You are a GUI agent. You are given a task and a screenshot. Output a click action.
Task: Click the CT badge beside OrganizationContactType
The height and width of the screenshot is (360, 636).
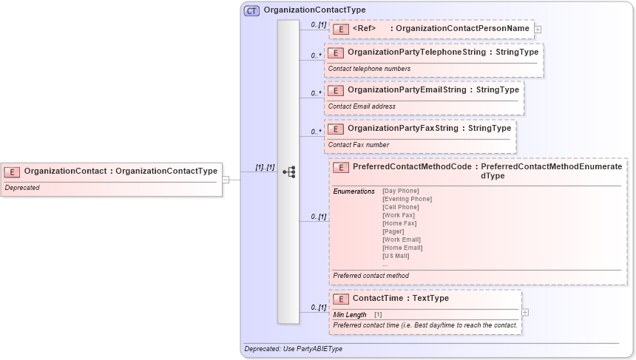coord(251,10)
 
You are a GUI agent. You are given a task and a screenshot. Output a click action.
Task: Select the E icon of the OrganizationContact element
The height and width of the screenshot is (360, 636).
coord(13,171)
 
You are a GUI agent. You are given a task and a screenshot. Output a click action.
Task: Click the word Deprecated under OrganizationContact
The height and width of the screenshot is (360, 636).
coord(22,188)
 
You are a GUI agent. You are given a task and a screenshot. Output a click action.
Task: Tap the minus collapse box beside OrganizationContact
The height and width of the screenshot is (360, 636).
coord(226,179)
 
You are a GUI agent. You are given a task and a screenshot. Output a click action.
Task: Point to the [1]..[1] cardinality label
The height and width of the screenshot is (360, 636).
coord(265,167)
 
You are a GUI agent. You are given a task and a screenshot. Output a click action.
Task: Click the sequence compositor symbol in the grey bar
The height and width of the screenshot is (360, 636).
coord(289,171)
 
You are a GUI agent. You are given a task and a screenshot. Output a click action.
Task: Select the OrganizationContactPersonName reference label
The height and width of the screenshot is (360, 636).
coord(462,29)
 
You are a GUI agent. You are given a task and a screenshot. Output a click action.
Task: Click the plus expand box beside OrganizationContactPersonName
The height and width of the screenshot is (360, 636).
coord(538,30)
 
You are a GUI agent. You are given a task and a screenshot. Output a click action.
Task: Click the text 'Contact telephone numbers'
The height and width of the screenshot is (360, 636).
coord(369,69)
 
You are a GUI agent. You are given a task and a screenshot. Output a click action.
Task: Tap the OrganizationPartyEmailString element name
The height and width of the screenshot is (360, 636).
coord(407,90)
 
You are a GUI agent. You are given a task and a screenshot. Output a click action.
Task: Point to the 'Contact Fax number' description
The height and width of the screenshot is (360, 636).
coord(359,145)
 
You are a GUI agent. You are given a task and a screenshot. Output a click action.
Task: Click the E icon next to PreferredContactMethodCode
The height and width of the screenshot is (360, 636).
coord(341,168)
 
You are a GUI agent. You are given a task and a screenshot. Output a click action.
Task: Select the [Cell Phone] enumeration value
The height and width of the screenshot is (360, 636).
coord(400,207)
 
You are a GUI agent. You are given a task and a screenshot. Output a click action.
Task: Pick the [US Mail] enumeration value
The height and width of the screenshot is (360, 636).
coord(396,256)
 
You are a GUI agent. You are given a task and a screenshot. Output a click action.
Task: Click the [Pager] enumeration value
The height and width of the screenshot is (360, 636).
coord(393,231)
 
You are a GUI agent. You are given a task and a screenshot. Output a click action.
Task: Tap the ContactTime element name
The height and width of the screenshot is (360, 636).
coord(378,299)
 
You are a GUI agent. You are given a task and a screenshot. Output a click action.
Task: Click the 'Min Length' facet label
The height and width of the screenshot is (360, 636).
coord(350,314)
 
